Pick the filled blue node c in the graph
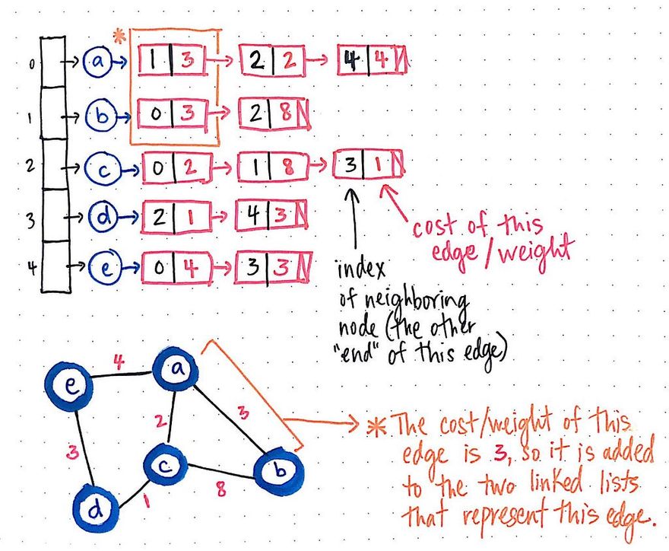[x=168, y=463]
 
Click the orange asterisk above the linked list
[x=119, y=36]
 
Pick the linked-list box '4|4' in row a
[x=372, y=61]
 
